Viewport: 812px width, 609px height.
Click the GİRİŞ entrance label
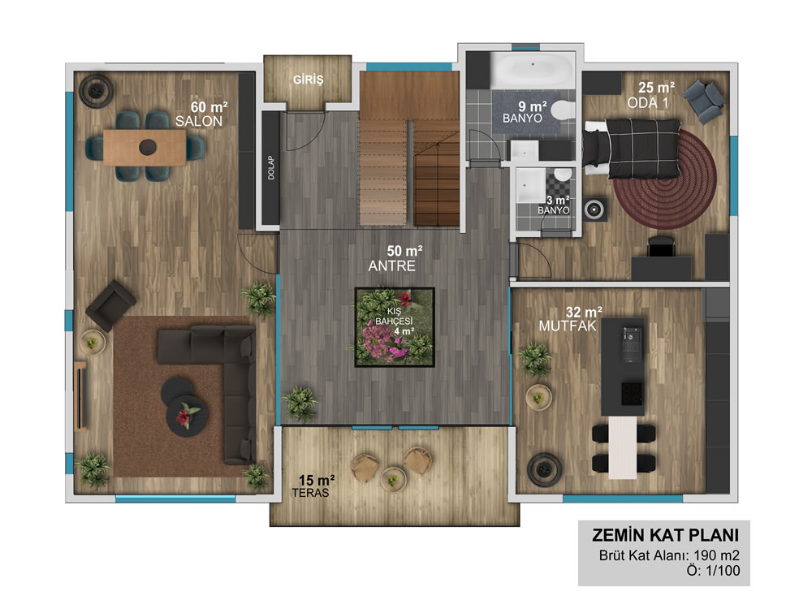[x=308, y=80]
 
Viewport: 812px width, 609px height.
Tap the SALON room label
[x=199, y=121]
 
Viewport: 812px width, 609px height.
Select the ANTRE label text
[x=392, y=266]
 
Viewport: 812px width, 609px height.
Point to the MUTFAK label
[x=568, y=326]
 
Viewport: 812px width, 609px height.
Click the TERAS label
[x=310, y=493]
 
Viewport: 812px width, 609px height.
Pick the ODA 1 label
[x=648, y=103]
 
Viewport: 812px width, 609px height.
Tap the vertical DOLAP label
[x=271, y=168]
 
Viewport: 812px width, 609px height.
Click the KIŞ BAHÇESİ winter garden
[x=395, y=327]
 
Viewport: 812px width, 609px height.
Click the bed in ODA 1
[x=633, y=148]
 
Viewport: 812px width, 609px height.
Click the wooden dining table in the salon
[x=145, y=147]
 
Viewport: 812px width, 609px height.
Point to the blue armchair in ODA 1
[x=704, y=101]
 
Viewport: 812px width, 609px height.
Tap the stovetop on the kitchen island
[x=632, y=394]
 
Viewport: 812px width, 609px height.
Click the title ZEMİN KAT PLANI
[x=666, y=535]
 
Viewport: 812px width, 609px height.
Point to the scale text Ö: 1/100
[x=714, y=571]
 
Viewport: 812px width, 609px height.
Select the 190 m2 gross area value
[x=717, y=555]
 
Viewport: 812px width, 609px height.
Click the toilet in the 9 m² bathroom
[x=563, y=110]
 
